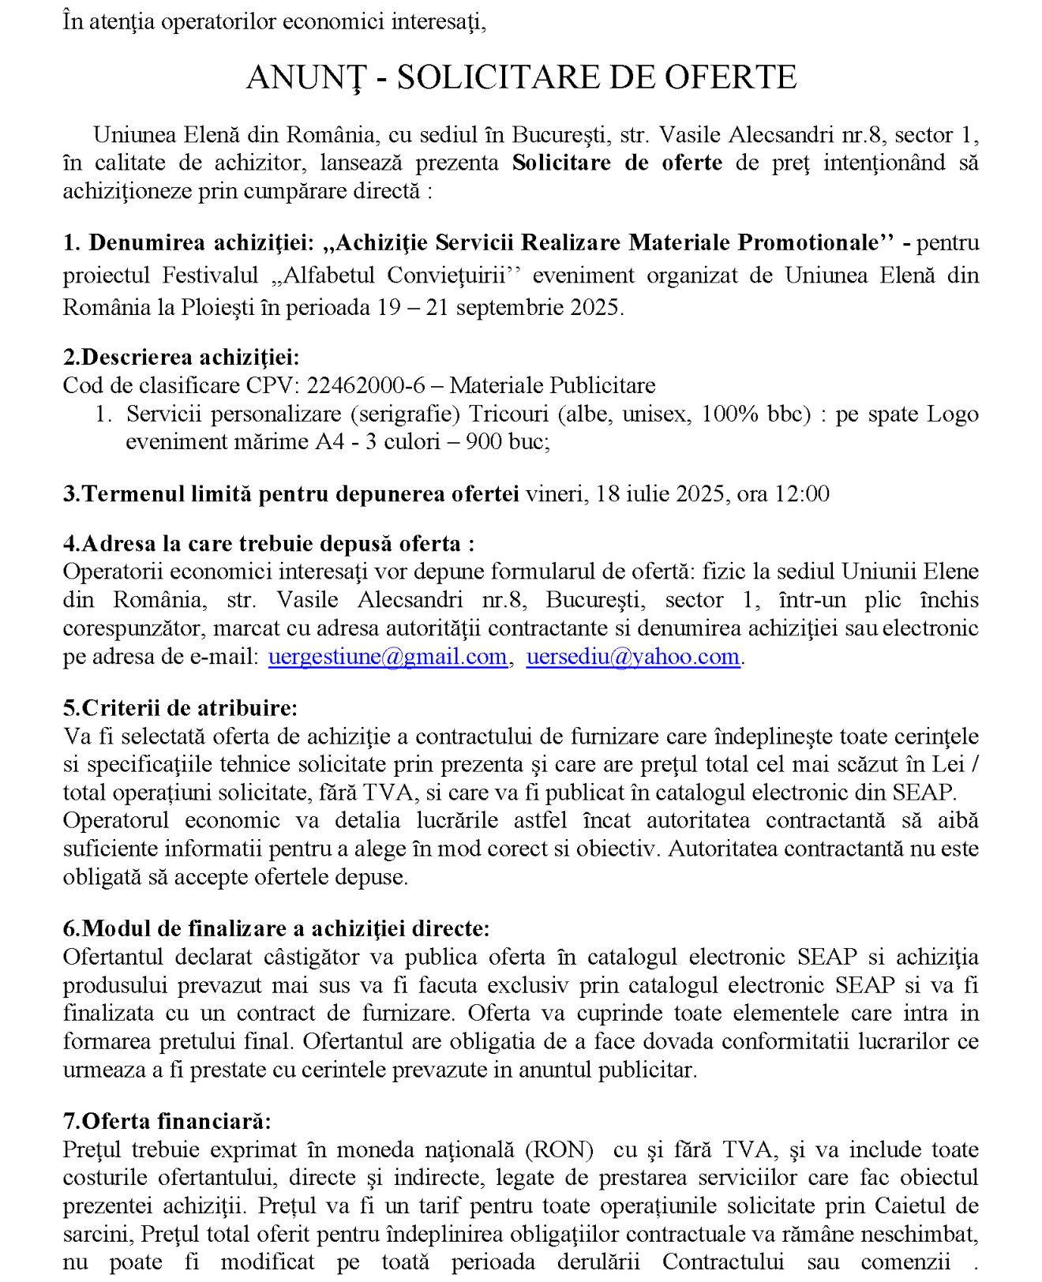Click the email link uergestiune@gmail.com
point(388,657)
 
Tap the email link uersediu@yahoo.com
point(633,657)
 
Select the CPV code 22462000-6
point(365,386)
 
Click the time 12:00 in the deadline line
point(802,494)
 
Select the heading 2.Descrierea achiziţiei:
point(181,358)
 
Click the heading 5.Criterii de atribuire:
point(180,708)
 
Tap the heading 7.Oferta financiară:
point(167,1122)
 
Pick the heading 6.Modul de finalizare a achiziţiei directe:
point(276,929)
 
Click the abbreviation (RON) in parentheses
point(559,1150)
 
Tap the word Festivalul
point(210,276)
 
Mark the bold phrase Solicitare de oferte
point(617,163)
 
